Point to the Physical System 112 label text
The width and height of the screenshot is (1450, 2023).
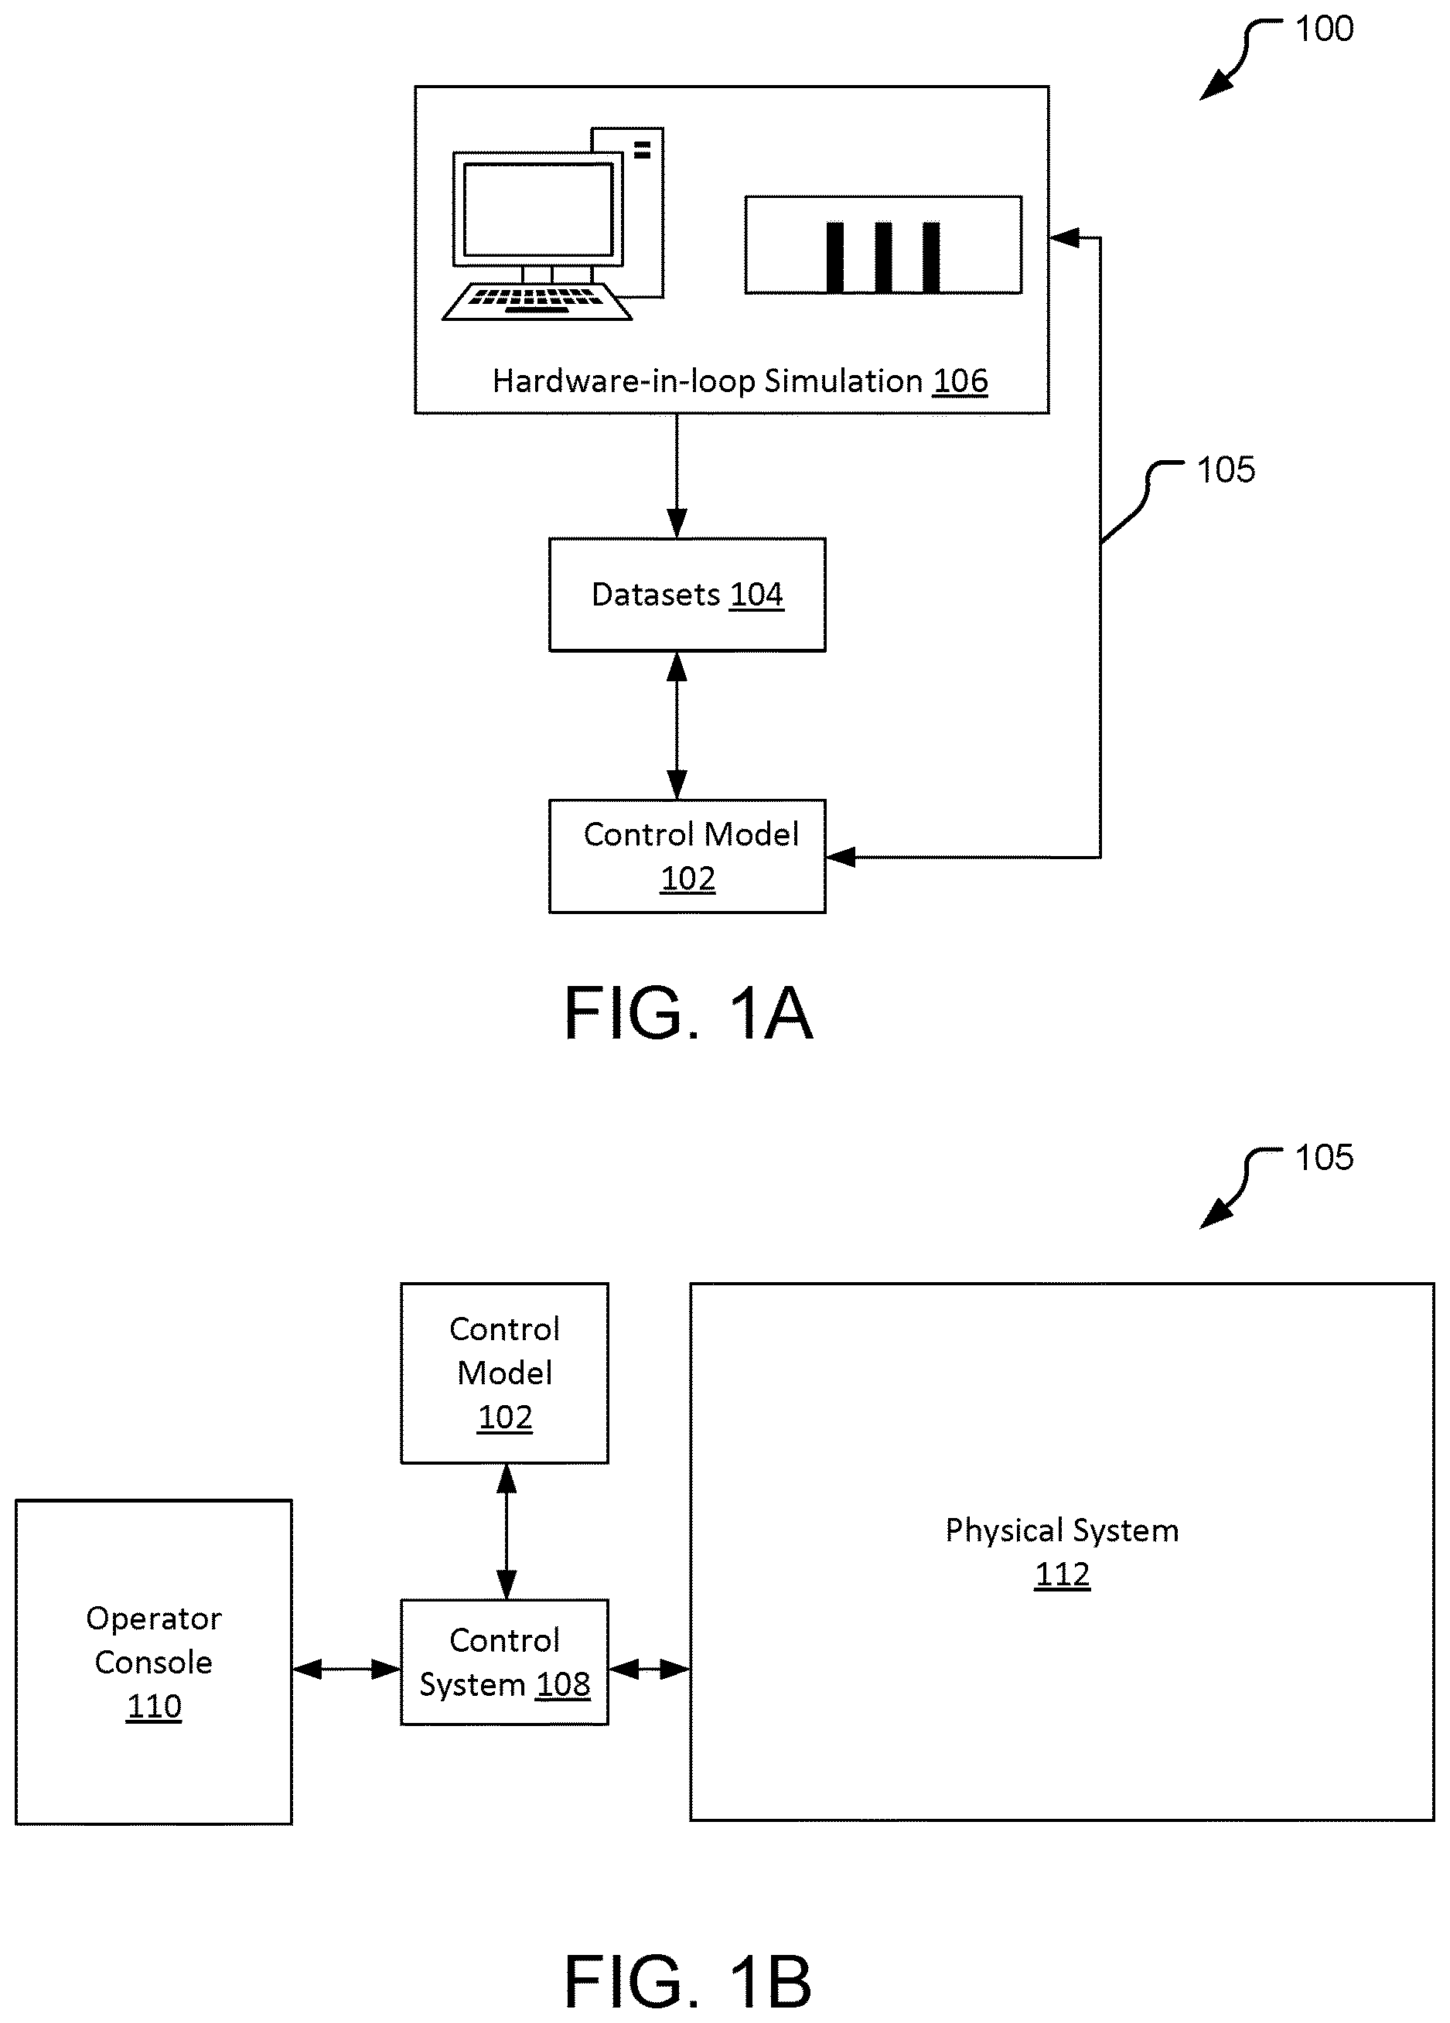pyautogui.click(x=1062, y=1552)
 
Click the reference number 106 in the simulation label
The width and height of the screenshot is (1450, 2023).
pyautogui.click(x=960, y=382)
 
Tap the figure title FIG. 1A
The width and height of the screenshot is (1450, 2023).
pyautogui.click(x=688, y=1013)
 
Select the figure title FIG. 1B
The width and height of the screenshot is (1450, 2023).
pyautogui.click(x=688, y=1981)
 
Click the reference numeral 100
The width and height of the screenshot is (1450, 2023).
pyautogui.click(x=1324, y=29)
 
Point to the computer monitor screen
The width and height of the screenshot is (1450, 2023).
pyautogui.click(x=537, y=210)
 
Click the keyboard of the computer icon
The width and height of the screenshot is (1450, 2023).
pyautogui.click(x=537, y=301)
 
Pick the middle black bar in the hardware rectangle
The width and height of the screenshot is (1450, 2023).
pyautogui.click(x=883, y=257)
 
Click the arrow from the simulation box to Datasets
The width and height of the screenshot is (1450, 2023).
pyautogui.click(x=677, y=476)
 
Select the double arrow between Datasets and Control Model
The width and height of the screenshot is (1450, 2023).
pyautogui.click(x=677, y=726)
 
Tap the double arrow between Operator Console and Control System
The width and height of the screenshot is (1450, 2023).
pyautogui.click(x=347, y=1669)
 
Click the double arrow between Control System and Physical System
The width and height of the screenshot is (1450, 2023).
pyautogui.click(x=649, y=1669)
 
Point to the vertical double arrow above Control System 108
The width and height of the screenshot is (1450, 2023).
pyautogui.click(x=507, y=1531)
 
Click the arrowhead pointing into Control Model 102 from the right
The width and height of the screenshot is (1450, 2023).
pyautogui.click(x=841, y=857)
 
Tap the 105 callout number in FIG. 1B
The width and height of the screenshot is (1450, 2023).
pyautogui.click(x=1324, y=1157)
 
